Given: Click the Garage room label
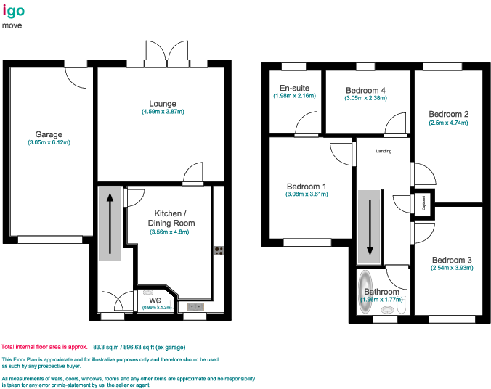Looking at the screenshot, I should (x=49, y=134).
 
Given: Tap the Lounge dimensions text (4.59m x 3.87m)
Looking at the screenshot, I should (x=163, y=112).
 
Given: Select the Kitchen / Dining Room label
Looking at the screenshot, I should (x=171, y=218).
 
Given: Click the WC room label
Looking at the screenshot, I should (x=155, y=300).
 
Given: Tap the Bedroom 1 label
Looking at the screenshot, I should (x=306, y=187).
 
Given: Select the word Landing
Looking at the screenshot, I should (x=384, y=151).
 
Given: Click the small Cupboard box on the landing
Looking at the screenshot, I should (x=422, y=202).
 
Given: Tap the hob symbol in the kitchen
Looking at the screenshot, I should (x=217, y=251).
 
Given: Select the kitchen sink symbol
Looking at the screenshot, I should (x=195, y=307).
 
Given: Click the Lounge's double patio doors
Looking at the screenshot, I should (x=168, y=53).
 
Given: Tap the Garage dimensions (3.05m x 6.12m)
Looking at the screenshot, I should (x=49, y=143).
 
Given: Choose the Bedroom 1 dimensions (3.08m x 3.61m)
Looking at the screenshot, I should (x=306, y=194).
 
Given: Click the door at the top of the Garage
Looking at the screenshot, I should (x=76, y=73).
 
